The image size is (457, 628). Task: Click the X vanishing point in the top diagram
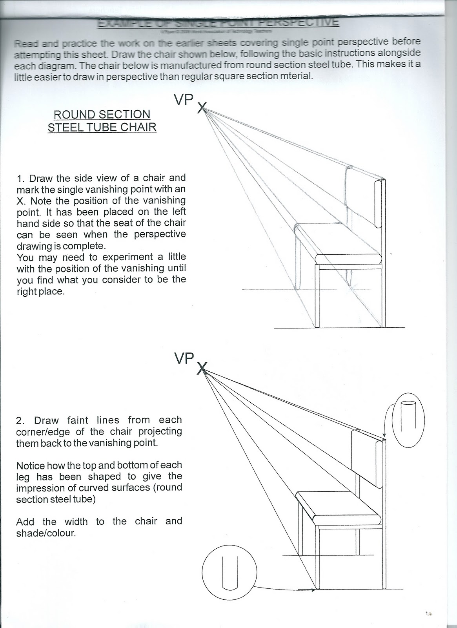coord(201,107)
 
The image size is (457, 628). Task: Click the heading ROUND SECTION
coord(102,115)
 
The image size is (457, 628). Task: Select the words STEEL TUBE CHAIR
coord(102,127)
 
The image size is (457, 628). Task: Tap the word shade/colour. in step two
coord(46,534)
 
